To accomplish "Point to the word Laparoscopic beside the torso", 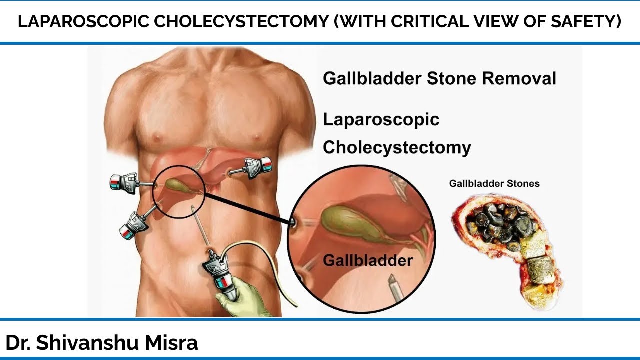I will [x=381, y=120].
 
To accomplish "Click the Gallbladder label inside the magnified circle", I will [x=368, y=260].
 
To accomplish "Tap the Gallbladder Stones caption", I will [x=494, y=183].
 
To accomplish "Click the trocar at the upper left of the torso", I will [x=125, y=182].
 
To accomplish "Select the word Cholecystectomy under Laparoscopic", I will [x=397, y=148].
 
